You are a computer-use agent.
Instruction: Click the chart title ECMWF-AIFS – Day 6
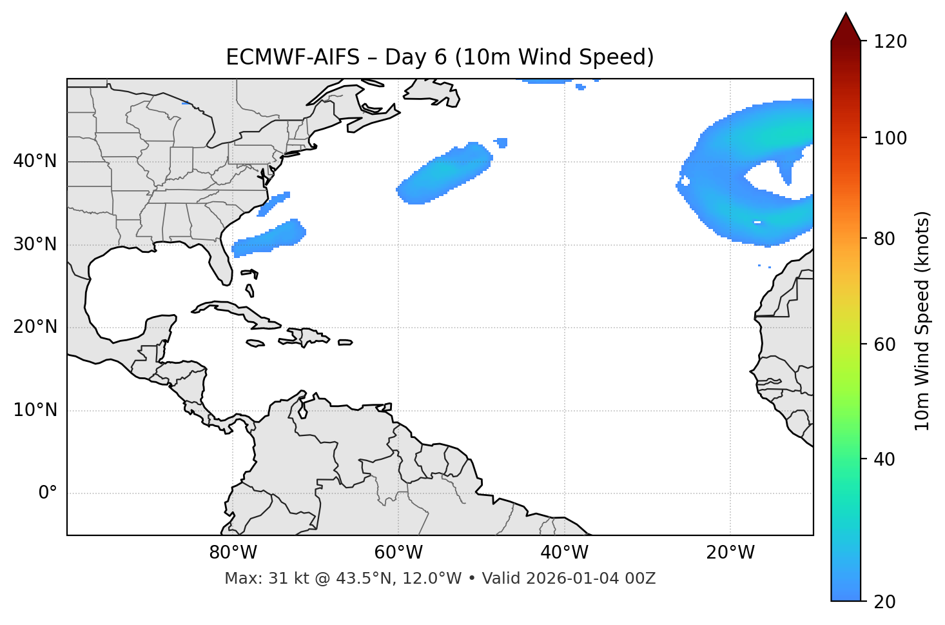tap(440, 57)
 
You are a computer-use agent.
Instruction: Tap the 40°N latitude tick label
tap(35, 161)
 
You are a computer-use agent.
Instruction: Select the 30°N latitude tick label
tap(35, 244)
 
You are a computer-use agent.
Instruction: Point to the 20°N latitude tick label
tap(35, 327)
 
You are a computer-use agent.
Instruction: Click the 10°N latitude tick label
tap(35, 410)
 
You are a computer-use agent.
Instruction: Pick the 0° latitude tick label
tap(47, 493)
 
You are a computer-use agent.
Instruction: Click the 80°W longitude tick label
tap(233, 553)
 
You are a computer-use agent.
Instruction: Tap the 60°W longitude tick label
tap(398, 553)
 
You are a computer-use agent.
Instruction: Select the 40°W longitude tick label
tap(564, 553)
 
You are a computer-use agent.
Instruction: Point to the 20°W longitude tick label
tap(730, 553)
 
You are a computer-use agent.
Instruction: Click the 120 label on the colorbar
tap(890, 42)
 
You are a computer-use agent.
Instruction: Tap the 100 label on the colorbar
tap(890, 138)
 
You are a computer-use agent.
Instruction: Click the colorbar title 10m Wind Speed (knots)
tap(922, 321)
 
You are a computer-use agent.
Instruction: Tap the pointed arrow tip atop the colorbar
tap(845, 15)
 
